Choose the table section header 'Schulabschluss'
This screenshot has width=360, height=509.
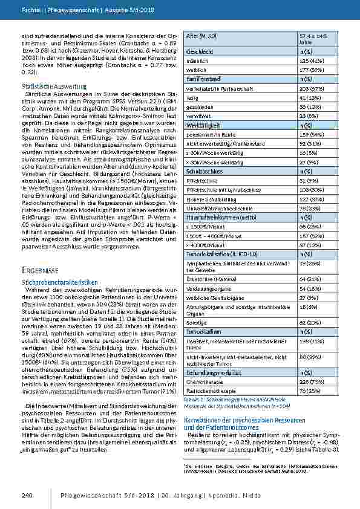205,171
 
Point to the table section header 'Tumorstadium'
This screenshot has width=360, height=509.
204,332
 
